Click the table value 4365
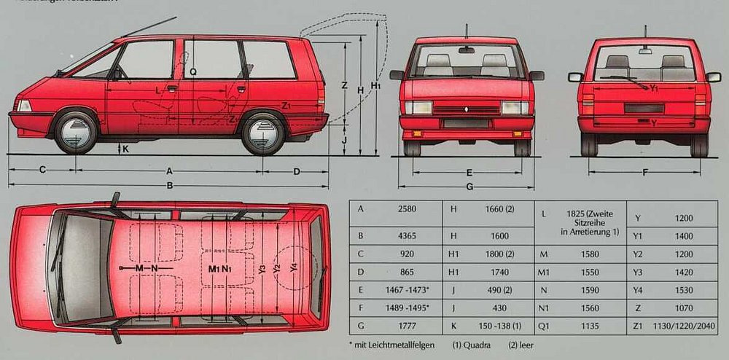tap(407, 235)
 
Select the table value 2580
tap(407, 209)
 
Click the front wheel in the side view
tap(76, 132)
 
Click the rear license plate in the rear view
tap(644, 109)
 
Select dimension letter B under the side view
tap(169, 185)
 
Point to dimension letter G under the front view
tap(469, 187)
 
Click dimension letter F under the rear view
tap(645, 173)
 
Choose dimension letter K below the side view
tap(125, 149)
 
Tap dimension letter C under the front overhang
tap(42, 171)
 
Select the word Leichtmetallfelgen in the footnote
tap(397, 343)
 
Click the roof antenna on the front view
tap(466, 31)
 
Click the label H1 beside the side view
tap(375, 86)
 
